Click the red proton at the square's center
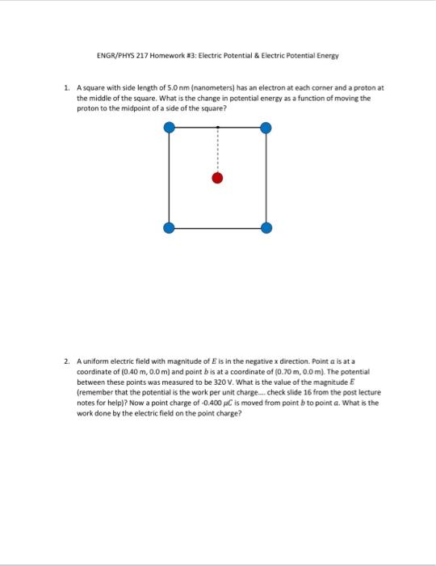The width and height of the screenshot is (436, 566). tap(217, 178)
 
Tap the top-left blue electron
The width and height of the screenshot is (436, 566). tap(169, 127)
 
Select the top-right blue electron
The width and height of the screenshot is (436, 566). tap(266, 127)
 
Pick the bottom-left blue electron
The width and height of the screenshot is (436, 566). tap(169, 228)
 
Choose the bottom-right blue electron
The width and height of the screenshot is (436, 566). tap(266, 228)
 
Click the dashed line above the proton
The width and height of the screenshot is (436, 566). tap(217, 150)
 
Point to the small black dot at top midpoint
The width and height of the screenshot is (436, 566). tap(217, 127)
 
